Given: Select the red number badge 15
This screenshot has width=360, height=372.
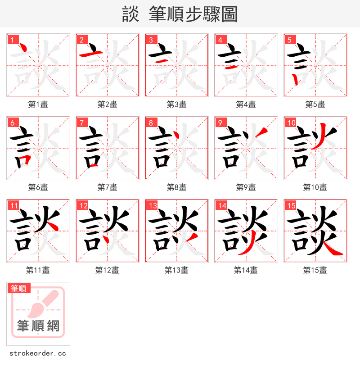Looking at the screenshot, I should (291, 206).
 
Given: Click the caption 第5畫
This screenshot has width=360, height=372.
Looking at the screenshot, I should (315, 104).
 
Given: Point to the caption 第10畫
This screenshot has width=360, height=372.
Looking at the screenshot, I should (315, 187).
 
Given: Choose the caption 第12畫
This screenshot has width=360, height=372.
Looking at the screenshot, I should (107, 270).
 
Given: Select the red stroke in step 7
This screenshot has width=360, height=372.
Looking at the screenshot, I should (94, 165).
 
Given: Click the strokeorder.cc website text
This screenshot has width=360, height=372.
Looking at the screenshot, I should (37, 354).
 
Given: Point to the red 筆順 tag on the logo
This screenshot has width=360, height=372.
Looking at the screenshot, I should (19, 288).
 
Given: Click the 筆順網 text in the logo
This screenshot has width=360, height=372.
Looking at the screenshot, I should (38, 325).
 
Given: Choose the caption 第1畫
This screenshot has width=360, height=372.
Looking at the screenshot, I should (38, 104).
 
